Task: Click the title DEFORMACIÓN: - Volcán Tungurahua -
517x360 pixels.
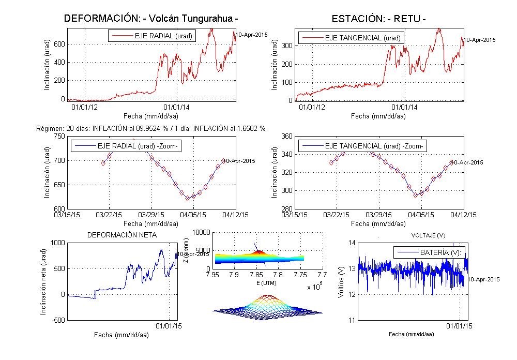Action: [151, 18]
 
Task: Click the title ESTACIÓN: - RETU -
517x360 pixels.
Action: [379, 19]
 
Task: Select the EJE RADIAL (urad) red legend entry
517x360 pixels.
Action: [147, 36]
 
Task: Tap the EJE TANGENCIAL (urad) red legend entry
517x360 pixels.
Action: [350, 38]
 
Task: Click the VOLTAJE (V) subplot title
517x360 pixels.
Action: [428, 235]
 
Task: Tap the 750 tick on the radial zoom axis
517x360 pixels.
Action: [58, 136]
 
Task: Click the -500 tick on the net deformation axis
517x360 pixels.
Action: [57, 321]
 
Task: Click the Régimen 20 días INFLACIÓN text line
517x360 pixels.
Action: [151, 128]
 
